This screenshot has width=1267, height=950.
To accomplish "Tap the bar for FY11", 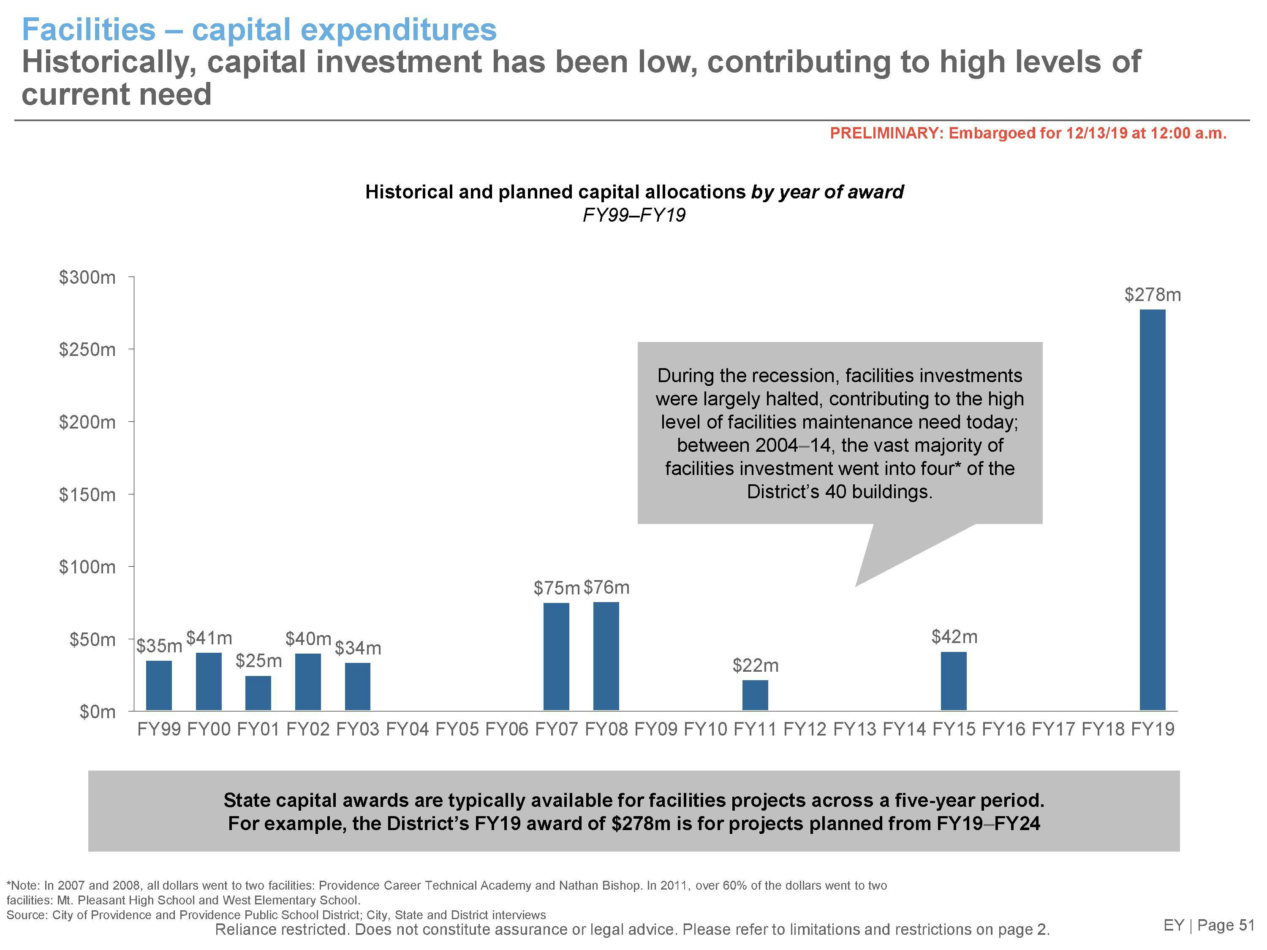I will click(x=755, y=695).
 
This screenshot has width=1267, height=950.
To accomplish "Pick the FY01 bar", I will click(x=258, y=692).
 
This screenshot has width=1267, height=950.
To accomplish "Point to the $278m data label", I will click(x=1153, y=295).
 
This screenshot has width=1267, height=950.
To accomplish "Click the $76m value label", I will click(x=606, y=588).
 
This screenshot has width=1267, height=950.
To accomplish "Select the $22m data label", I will click(x=756, y=665).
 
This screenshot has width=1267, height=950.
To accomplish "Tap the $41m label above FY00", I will click(x=209, y=638).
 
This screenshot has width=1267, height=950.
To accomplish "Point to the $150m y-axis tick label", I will click(x=87, y=495).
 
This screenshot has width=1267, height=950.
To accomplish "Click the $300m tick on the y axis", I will click(x=87, y=278).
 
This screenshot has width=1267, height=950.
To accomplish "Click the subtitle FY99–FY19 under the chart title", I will click(x=633, y=215).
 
